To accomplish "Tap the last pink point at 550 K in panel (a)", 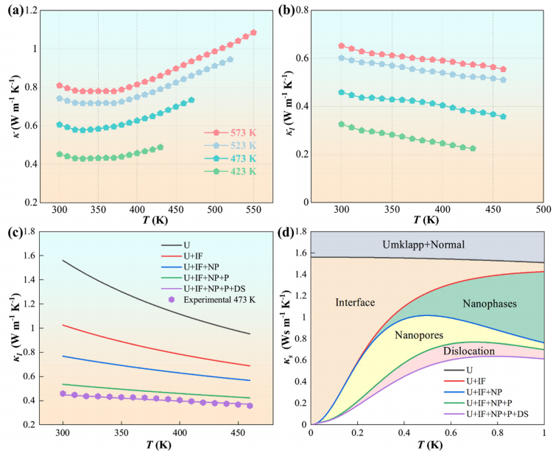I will pyautogui.click(x=253, y=33).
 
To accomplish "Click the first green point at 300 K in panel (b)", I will pyautogui.click(x=341, y=124).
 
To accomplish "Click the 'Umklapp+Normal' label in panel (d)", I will pyautogui.click(x=428, y=243).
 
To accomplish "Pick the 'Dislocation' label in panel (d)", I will pyautogui.click(x=469, y=351).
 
